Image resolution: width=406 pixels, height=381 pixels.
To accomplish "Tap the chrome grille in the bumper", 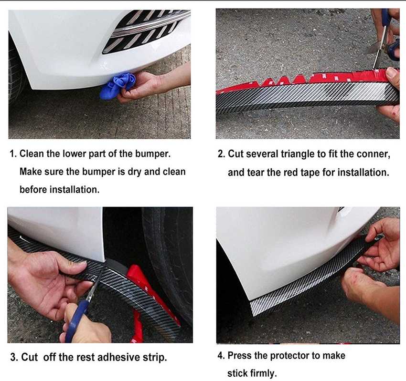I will [x=143, y=30].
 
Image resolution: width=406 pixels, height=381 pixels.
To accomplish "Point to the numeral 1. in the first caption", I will [x=13, y=154].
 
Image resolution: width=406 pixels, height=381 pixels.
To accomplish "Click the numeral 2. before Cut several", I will [x=222, y=154].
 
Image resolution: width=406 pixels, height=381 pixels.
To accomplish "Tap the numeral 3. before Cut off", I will [x=14, y=357].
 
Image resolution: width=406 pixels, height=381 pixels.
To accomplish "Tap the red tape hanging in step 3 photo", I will [x=139, y=305].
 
